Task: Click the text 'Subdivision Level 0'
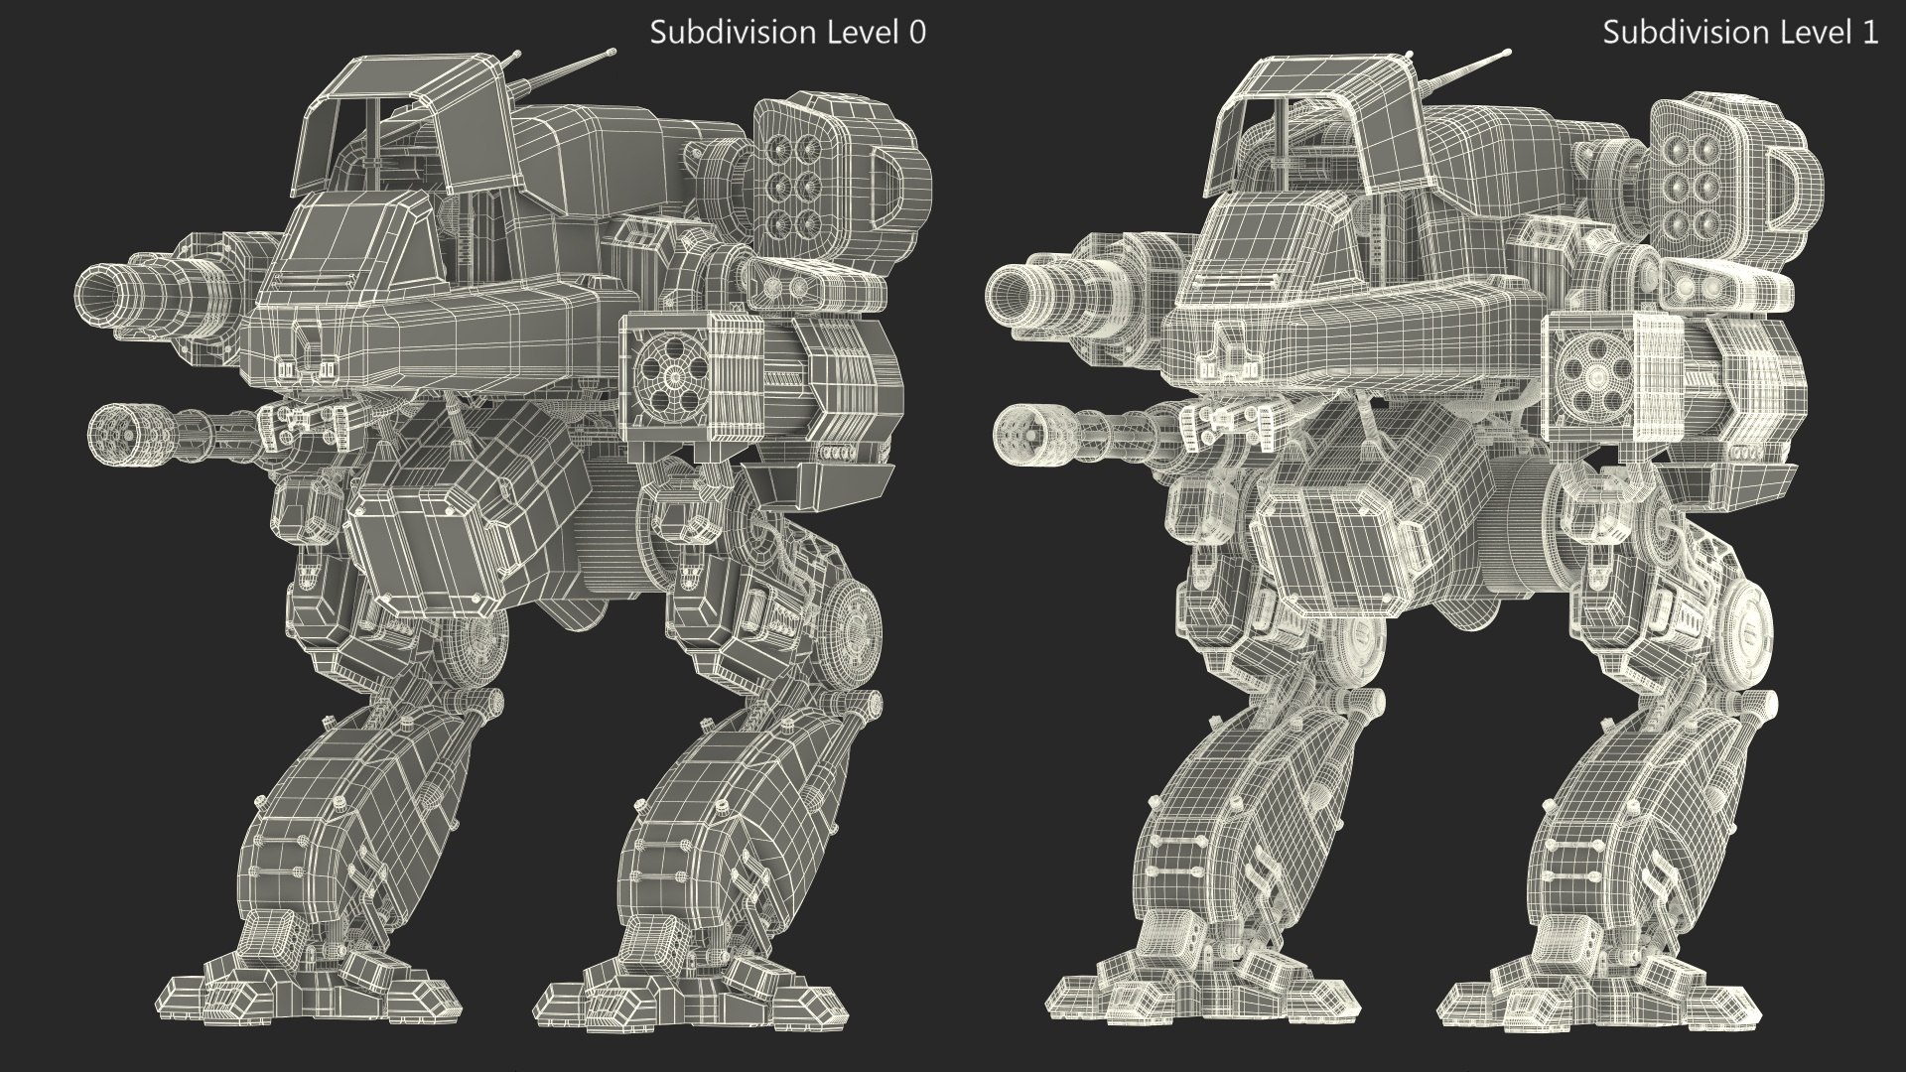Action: pyautogui.click(x=787, y=33)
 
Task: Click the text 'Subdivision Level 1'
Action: pyautogui.click(x=1740, y=33)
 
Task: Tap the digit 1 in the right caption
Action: pyautogui.click(x=1870, y=33)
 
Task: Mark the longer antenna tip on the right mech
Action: pyautogui.click(x=1507, y=52)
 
